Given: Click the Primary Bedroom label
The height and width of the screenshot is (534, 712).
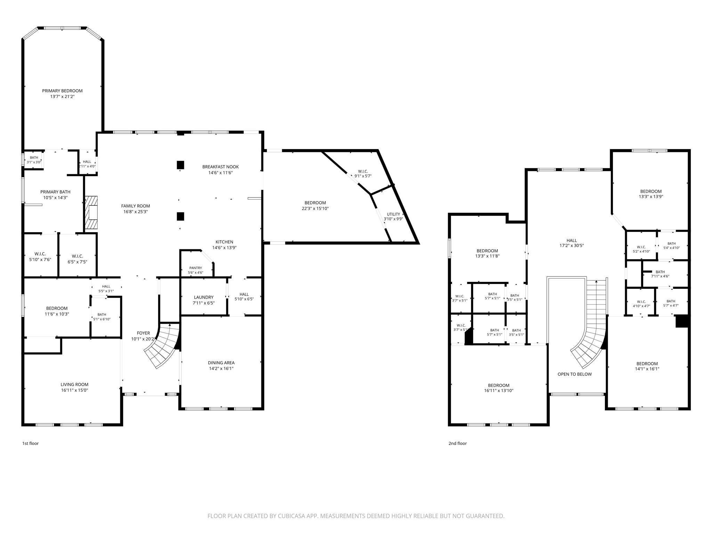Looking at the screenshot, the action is (62, 91).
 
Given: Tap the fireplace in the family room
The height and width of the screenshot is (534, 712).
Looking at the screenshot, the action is (91, 213).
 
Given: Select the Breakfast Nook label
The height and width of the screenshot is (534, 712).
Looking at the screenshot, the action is (220, 167).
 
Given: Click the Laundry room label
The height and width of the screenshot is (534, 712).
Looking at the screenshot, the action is (204, 297).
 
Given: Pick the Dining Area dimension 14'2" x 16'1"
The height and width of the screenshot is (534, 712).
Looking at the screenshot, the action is (221, 369).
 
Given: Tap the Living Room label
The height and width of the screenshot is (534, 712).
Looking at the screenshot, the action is (74, 385).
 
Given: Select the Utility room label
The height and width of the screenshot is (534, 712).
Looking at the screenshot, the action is (393, 214).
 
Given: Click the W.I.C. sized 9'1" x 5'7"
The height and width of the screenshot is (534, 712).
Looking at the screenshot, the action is (363, 174).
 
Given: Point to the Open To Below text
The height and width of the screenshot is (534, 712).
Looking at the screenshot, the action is (575, 374).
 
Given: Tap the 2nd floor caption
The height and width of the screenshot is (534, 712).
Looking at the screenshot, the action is (458, 443).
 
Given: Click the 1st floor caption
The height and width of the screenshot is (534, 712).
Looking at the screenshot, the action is (31, 443).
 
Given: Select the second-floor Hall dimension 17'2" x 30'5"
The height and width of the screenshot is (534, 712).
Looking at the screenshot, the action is (572, 245).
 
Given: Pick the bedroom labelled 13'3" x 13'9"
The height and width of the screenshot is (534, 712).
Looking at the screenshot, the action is (651, 194).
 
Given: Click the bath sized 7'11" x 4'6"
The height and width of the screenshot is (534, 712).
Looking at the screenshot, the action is (660, 274).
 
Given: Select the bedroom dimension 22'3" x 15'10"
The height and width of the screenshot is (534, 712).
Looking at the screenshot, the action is (315, 209).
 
